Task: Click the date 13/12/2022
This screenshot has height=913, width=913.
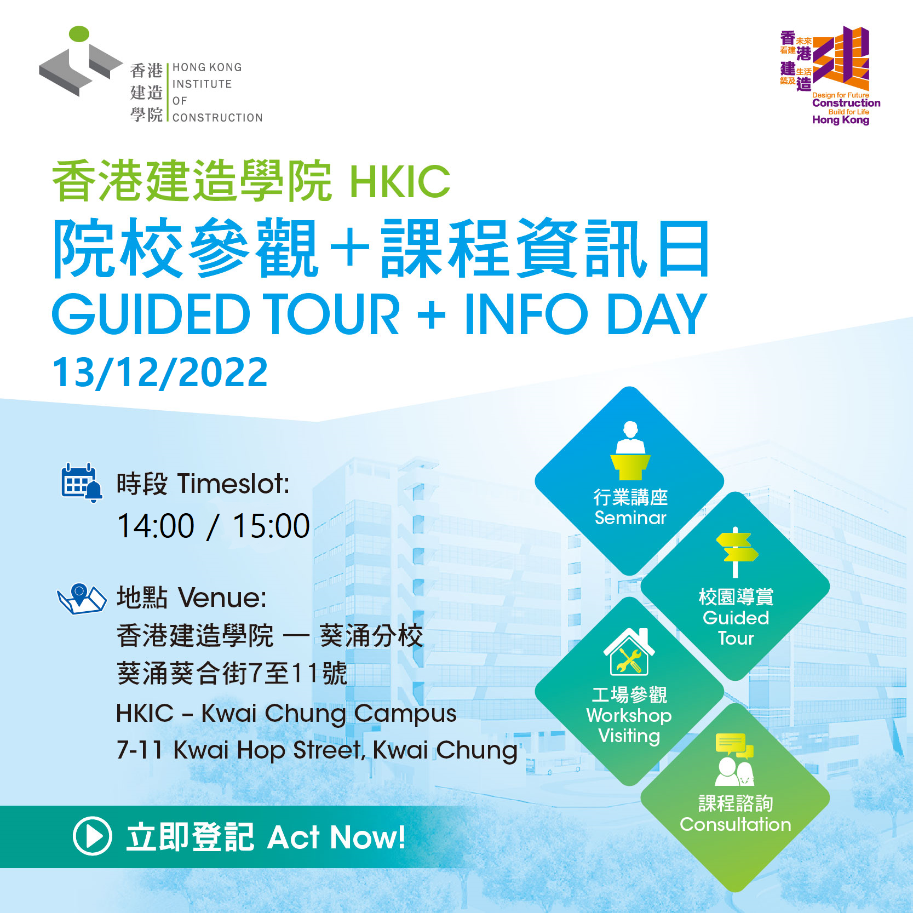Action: point(160,372)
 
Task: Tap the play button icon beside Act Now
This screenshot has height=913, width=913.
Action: point(92,836)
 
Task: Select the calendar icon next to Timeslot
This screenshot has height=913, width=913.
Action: point(81,483)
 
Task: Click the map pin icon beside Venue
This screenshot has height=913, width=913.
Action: point(82,599)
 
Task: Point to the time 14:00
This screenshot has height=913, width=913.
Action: point(156,526)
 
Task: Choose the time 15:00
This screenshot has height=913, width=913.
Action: point(272,526)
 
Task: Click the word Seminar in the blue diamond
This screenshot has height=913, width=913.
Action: point(630,518)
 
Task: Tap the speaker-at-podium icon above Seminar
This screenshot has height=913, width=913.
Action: point(630,450)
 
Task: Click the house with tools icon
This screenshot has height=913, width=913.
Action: point(629,652)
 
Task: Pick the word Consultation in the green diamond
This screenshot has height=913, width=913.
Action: point(736,824)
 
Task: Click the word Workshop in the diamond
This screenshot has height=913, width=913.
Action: point(629,716)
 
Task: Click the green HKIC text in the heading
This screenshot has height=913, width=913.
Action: point(400,182)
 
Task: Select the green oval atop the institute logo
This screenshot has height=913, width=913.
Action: point(79,33)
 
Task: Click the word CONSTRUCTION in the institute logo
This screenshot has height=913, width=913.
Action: point(217,118)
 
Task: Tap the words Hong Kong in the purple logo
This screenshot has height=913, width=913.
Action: point(841,120)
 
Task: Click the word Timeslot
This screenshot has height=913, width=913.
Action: point(233,484)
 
